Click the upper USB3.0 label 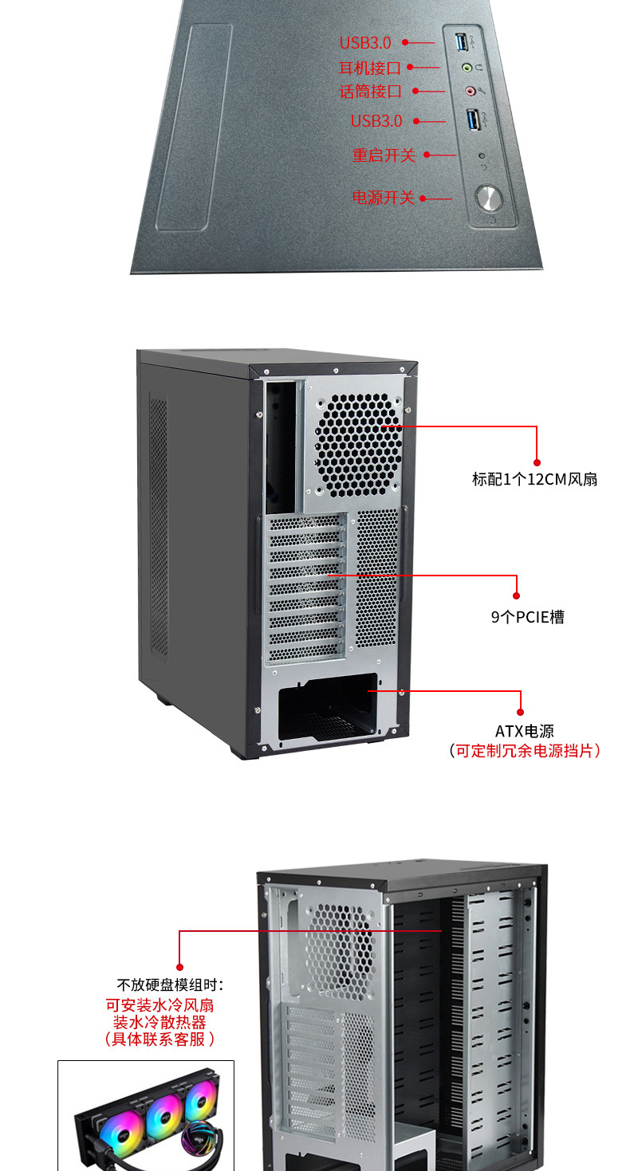click(x=365, y=43)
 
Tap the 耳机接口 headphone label click(x=370, y=68)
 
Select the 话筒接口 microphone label click(x=370, y=92)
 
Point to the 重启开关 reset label click(x=384, y=155)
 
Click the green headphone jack click(x=469, y=69)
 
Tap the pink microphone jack click(x=470, y=92)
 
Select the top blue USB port click(x=464, y=40)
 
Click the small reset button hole click(x=481, y=155)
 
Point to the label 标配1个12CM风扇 click(x=534, y=479)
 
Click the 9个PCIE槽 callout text click(x=527, y=617)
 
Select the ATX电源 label click(x=524, y=731)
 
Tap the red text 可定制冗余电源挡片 click(x=524, y=751)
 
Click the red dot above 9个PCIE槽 click(x=517, y=595)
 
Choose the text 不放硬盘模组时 click(x=170, y=984)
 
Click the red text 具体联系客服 click(x=159, y=1039)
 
